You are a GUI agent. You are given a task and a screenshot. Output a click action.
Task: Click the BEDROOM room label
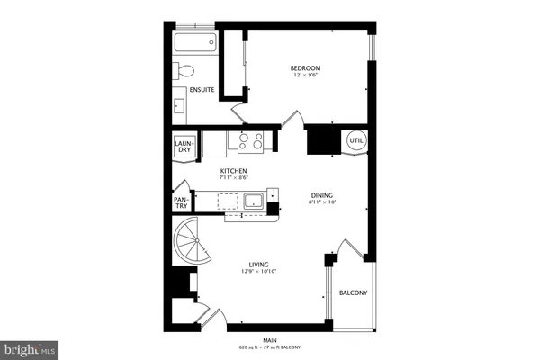(x=305, y=68)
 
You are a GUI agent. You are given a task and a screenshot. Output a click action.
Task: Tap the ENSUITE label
(x=200, y=89)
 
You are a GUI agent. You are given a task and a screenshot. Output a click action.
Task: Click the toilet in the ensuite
(x=186, y=71)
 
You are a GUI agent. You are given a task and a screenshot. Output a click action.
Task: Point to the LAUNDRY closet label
(x=184, y=145)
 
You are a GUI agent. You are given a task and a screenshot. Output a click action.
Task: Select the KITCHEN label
(x=234, y=171)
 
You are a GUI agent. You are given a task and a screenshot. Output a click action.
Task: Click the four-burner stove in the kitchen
(x=251, y=140)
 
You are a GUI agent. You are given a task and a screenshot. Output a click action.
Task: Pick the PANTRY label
(x=181, y=204)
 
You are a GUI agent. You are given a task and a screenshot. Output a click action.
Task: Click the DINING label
(x=321, y=194)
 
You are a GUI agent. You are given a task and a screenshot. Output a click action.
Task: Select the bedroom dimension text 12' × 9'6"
(x=306, y=76)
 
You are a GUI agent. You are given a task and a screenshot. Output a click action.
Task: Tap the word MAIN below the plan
(x=270, y=339)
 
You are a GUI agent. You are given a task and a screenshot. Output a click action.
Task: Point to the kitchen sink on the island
(x=253, y=199)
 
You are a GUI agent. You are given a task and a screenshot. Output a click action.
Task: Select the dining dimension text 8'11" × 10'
(x=321, y=202)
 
